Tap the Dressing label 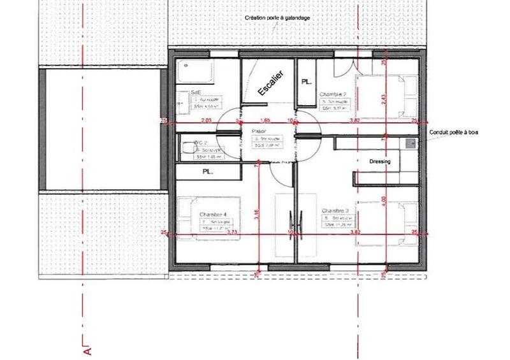pyautogui.click(x=380, y=162)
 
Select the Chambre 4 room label pyautogui.click(x=212, y=214)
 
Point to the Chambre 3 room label pyautogui.click(x=335, y=210)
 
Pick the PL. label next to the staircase pyautogui.click(x=307, y=82)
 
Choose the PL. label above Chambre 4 pyautogui.click(x=207, y=171)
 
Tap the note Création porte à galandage pyautogui.click(x=277, y=18)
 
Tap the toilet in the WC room pyautogui.click(x=187, y=148)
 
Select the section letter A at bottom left pyautogui.click(x=87, y=349)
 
